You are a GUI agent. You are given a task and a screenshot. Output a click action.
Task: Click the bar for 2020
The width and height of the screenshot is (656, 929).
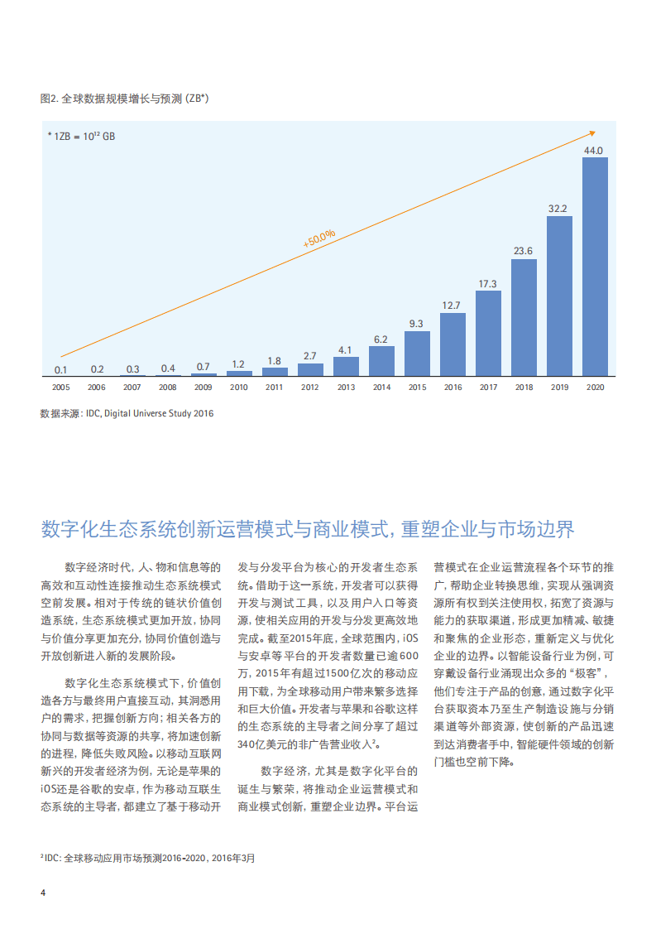pyautogui.click(x=595, y=267)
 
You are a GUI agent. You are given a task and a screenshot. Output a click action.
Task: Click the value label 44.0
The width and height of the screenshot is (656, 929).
pyautogui.click(x=594, y=151)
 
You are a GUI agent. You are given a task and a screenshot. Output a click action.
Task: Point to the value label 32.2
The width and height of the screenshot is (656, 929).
pyautogui.click(x=558, y=209)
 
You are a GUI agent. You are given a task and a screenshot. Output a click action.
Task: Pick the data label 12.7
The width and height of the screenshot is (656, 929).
pyautogui.click(x=452, y=305)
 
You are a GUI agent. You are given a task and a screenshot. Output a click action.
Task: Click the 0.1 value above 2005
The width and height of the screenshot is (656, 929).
pyautogui.click(x=61, y=369)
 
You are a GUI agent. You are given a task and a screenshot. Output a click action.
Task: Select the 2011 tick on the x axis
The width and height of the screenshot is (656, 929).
pyautogui.click(x=275, y=387)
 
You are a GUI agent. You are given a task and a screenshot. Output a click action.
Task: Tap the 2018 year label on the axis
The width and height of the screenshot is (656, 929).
pyautogui.click(x=524, y=387)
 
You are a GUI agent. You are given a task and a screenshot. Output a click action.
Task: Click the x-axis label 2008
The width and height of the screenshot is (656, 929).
pyautogui.click(x=168, y=387)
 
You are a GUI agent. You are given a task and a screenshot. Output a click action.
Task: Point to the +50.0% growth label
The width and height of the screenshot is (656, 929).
pyautogui.click(x=319, y=238)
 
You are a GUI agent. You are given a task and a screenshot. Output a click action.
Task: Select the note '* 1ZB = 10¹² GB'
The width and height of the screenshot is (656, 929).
pyautogui.click(x=81, y=136)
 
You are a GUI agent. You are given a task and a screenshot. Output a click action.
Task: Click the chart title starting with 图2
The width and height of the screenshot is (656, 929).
pyautogui.click(x=124, y=99)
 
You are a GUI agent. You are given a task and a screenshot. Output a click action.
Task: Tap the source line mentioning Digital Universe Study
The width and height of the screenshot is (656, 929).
pyautogui.click(x=127, y=413)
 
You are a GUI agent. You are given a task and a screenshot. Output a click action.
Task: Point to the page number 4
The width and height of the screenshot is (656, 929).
pyautogui.click(x=43, y=892)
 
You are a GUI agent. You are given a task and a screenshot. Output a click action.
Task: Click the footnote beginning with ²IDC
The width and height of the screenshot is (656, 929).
pyautogui.click(x=148, y=859)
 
